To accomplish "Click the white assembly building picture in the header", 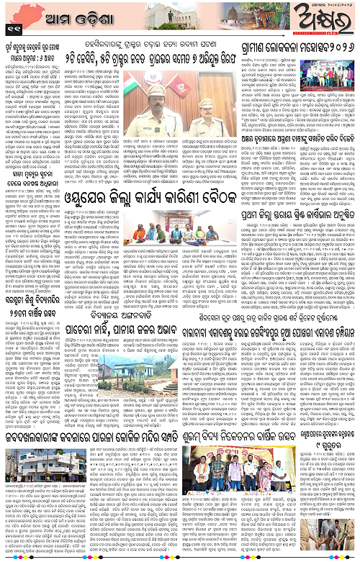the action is click(x=165, y=16).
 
